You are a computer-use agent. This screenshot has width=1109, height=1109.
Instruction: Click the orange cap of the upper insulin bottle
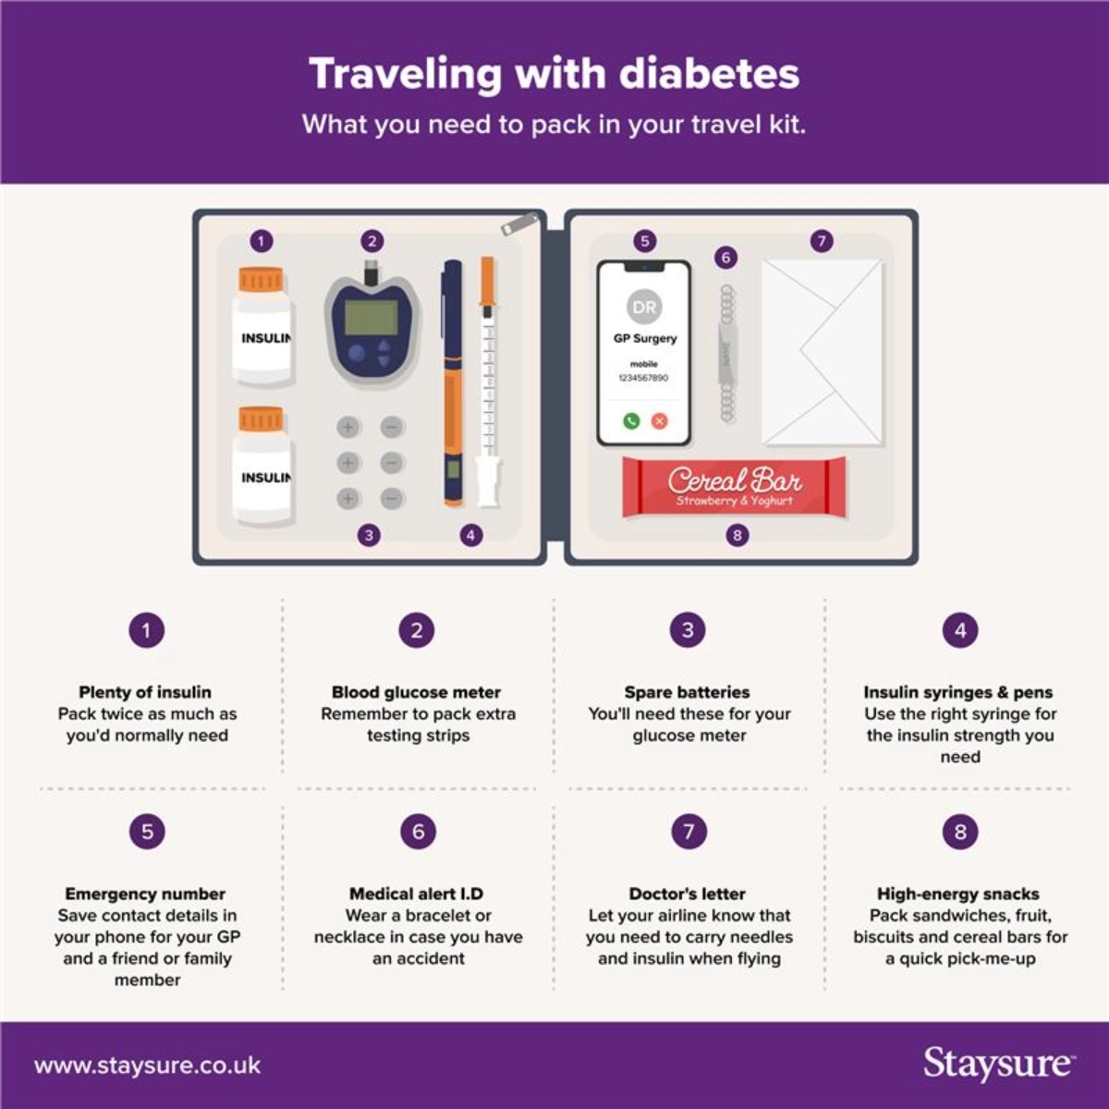pyautogui.click(x=261, y=279)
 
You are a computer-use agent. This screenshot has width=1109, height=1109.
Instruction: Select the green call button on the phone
pyautogui.click(x=631, y=420)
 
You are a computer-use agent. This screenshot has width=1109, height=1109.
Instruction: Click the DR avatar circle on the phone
pyautogui.click(x=644, y=307)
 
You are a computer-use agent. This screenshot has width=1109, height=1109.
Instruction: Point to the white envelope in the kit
pyautogui.click(x=823, y=352)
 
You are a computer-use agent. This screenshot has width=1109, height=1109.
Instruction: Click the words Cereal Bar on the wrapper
pyautogui.click(x=735, y=481)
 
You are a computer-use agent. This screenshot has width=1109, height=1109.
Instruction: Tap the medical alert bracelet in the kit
pyautogui.click(x=727, y=354)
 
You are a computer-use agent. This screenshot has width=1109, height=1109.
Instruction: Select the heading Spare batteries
pyautogui.click(x=688, y=692)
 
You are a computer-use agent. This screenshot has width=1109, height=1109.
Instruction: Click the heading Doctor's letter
pyautogui.click(x=688, y=894)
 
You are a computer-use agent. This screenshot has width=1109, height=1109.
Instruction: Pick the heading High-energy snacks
pyautogui.click(x=958, y=894)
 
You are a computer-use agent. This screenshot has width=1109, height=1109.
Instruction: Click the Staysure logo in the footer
pyautogui.click(x=998, y=1064)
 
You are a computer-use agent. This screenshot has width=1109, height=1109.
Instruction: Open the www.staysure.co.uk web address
pyautogui.click(x=147, y=1066)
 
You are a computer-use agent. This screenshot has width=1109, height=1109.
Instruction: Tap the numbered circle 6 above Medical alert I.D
pyautogui.click(x=419, y=832)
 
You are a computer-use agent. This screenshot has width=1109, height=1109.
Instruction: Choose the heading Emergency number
pyautogui.click(x=145, y=894)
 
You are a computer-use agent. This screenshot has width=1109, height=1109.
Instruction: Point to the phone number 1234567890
pyautogui.click(x=643, y=378)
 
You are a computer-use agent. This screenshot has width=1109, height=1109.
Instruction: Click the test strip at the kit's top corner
pyautogui.click(x=519, y=224)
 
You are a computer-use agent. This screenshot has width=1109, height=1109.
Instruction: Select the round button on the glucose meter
pyautogui.click(x=356, y=353)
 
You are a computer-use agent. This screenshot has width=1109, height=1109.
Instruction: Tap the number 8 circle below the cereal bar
pyautogui.click(x=737, y=536)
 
